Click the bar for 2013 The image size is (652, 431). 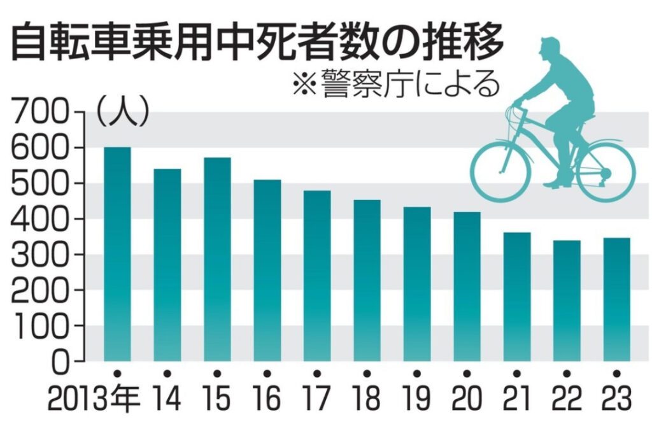117,254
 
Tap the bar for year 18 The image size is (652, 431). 367,280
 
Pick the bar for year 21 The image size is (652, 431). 516,297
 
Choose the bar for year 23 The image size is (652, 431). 616,299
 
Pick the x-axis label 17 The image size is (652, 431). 317,400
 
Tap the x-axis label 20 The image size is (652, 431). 467,400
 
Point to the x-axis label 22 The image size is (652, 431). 567,400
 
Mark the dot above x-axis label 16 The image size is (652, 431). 267,373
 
